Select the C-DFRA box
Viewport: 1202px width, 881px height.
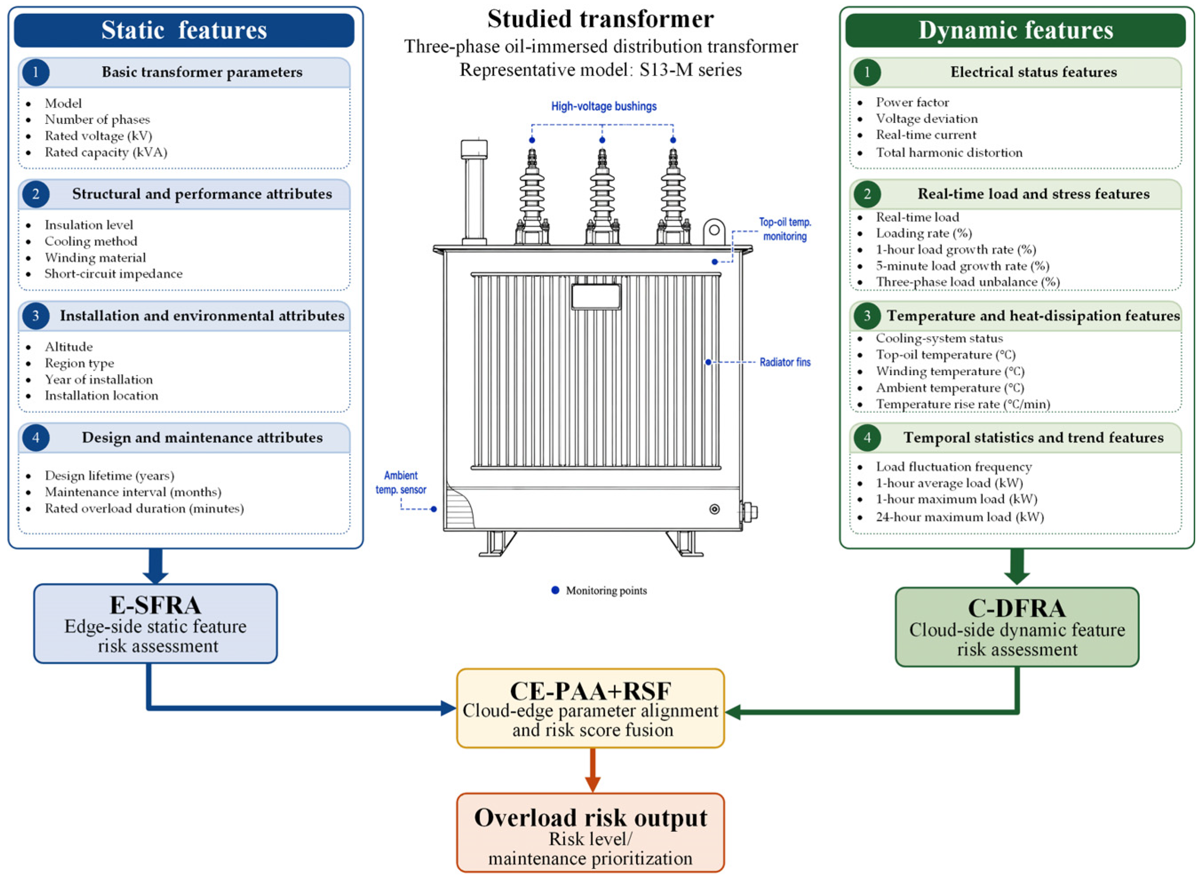[1016, 627]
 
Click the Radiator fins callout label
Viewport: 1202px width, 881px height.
[785, 362]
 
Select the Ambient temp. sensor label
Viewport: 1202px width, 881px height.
[401, 482]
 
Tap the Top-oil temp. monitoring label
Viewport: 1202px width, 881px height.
[785, 229]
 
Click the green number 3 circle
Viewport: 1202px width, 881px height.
[867, 316]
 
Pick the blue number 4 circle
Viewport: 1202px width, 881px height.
[36, 437]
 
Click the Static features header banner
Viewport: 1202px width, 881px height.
[184, 30]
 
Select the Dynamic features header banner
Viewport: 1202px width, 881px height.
[1016, 30]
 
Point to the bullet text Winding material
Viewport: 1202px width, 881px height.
[95, 258]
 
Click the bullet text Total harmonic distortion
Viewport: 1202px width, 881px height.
[949, 152]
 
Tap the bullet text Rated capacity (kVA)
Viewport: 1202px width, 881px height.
[106, 152]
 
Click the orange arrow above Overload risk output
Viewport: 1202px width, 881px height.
[592, 770]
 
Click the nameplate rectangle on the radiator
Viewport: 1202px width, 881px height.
[596, 297]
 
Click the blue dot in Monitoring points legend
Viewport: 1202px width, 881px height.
[555, 590]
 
